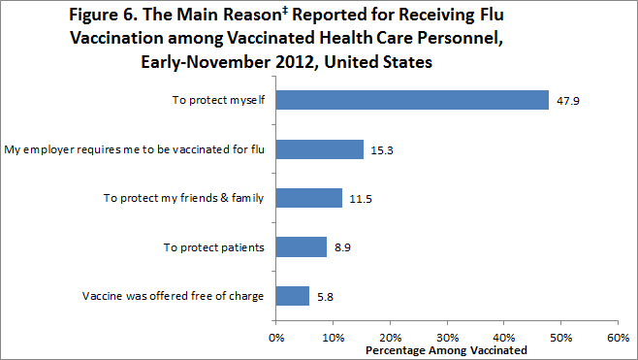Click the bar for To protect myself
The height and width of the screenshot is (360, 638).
point(412,99)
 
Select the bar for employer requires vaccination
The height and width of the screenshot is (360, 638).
point(320,148)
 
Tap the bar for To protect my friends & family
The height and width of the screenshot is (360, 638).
point(309,198)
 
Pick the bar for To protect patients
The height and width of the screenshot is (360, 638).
point(302,247)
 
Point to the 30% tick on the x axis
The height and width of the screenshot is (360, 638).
point(447,338)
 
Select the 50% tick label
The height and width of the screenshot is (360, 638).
point(560,338)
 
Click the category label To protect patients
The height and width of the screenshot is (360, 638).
point(213,247)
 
